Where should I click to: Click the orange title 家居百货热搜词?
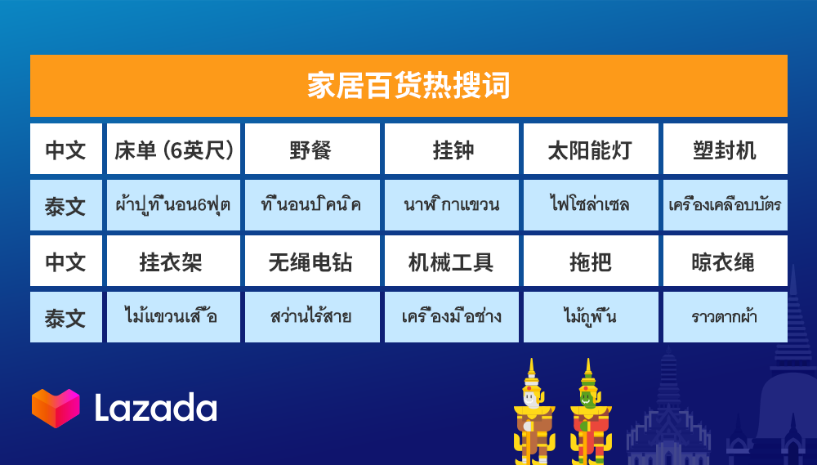408,86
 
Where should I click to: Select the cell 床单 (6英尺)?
173,150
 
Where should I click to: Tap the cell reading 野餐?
311,150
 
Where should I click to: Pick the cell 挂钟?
453,150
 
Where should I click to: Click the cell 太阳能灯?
590,150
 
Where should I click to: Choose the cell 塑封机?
725,150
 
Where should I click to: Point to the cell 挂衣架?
173,262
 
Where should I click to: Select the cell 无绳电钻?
311,262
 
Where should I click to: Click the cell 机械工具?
453,262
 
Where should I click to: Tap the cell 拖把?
590,262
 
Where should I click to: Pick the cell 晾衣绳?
725,262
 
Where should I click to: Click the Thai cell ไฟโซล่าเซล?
590,204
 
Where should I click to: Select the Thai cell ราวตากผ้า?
725,316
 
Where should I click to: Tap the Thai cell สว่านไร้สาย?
311,316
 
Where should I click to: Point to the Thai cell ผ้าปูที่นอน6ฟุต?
173,204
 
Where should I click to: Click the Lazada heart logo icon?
56,408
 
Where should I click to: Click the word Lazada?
155,408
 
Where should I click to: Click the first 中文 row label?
65,150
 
